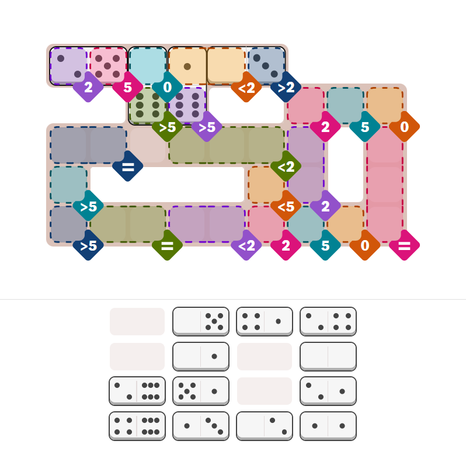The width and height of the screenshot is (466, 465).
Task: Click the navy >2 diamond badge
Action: click(286, 87)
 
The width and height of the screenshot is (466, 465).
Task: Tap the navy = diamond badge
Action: click(128, 166)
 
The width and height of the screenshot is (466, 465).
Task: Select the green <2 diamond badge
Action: click(286, 166)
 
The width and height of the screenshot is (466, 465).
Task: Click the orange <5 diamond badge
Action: click(286, 206)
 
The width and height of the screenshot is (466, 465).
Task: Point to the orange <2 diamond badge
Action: click(246, 87)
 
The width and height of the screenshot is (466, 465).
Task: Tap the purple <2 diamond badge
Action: click(246, 245)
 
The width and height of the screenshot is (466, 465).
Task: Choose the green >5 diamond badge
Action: click(168, 127)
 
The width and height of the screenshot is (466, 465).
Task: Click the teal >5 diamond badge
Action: click(88, 206)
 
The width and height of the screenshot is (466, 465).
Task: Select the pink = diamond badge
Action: click(405, 245)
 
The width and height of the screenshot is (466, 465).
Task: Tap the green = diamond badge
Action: click(168, 245)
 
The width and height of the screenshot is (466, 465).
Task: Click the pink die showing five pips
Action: click(107, 66)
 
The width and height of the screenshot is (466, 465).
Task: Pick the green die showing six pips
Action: click(147, 105)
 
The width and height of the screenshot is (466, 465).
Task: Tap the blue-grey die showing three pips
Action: click(266, 66)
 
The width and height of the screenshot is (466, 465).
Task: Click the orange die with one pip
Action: click(187, 66)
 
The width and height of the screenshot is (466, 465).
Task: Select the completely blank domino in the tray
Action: click(328, 356)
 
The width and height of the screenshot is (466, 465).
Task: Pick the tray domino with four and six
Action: click(137, 426)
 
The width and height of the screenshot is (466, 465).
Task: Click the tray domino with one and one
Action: click(328, 426)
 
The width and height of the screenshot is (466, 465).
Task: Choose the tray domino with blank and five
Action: click(201, 321)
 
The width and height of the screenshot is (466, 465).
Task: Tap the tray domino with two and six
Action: click(137, 391)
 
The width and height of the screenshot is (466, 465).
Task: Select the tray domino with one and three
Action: click(201, 426)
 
